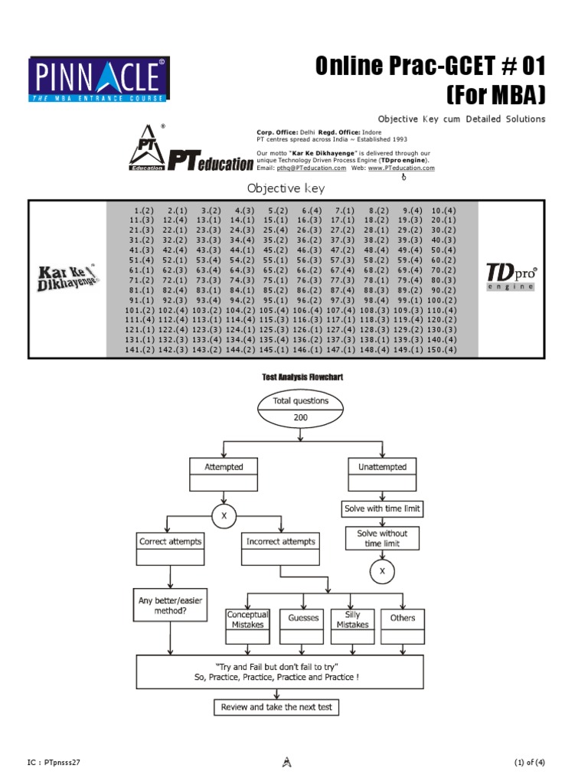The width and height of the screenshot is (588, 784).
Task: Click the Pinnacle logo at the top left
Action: coord(99,79)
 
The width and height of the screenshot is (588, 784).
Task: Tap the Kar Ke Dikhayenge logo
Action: coord(67,277)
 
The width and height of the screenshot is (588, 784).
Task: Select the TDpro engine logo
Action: coord(511,277)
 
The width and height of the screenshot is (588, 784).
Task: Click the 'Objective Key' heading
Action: coord(286,188)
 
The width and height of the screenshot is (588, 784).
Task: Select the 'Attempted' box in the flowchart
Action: coord(224,467)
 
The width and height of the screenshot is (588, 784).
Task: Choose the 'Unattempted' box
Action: coord(382,467)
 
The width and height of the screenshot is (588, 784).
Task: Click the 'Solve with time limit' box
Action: coord(382,508)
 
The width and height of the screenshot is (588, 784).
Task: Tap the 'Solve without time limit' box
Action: coord(382,537)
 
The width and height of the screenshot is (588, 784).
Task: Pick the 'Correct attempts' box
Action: coord(170,541)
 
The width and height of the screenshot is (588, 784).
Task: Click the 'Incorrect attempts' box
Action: coord(280,541)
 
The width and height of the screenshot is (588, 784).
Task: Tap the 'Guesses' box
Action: coord(303,619)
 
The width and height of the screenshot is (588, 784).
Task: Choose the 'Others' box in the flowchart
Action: coord(403,619)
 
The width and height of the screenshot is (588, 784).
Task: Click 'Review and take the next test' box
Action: coord(276,707)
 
